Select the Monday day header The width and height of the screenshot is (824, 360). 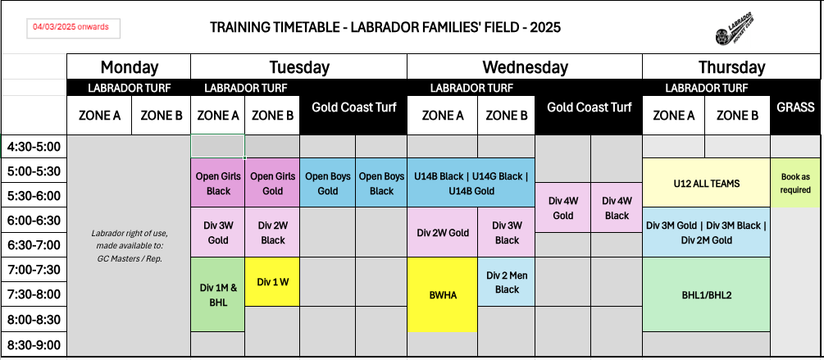129,67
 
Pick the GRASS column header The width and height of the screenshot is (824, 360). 795,107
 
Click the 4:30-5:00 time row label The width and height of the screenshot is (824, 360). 34,148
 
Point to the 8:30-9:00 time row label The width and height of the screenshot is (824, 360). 34,344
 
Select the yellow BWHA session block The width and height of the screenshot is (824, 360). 442,294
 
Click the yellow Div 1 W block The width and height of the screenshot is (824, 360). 272,282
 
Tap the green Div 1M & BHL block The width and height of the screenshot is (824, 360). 218,294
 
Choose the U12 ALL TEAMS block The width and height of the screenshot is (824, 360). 706,184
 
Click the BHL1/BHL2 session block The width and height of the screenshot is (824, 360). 706,294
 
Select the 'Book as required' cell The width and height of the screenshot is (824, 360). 795,184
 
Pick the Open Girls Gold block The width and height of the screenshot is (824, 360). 272,184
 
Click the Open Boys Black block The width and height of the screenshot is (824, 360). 381,184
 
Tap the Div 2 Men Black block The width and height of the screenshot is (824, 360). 507,282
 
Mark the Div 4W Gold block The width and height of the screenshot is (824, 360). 562,208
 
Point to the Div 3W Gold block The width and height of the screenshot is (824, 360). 218,233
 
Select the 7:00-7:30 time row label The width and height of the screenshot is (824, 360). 34,270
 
